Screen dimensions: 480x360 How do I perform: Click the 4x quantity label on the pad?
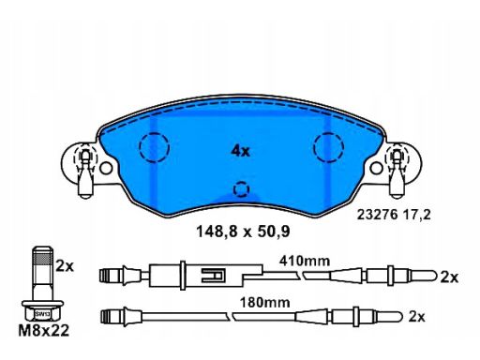click(241, 151)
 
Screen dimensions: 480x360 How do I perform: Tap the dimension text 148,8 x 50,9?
click(243, 232)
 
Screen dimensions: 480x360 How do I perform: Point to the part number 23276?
click(377, 215)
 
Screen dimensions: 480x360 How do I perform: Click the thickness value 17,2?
click(417, 215)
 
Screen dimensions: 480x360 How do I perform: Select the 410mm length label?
click(305, 261)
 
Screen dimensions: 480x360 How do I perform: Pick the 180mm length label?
click(265, 303)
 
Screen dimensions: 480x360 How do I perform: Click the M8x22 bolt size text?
click(44, 331)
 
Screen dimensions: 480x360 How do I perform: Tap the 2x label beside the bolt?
click(65, 266)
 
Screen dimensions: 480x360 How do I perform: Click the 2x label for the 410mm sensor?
click(449, 277)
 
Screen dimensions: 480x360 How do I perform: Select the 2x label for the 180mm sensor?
click(417, 317)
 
